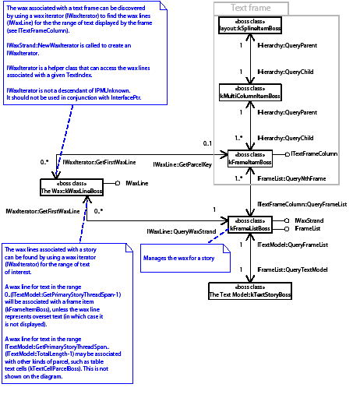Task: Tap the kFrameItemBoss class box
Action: (249, 158)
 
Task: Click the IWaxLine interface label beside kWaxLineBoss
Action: (138, 183)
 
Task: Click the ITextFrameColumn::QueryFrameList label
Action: (302, 203)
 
